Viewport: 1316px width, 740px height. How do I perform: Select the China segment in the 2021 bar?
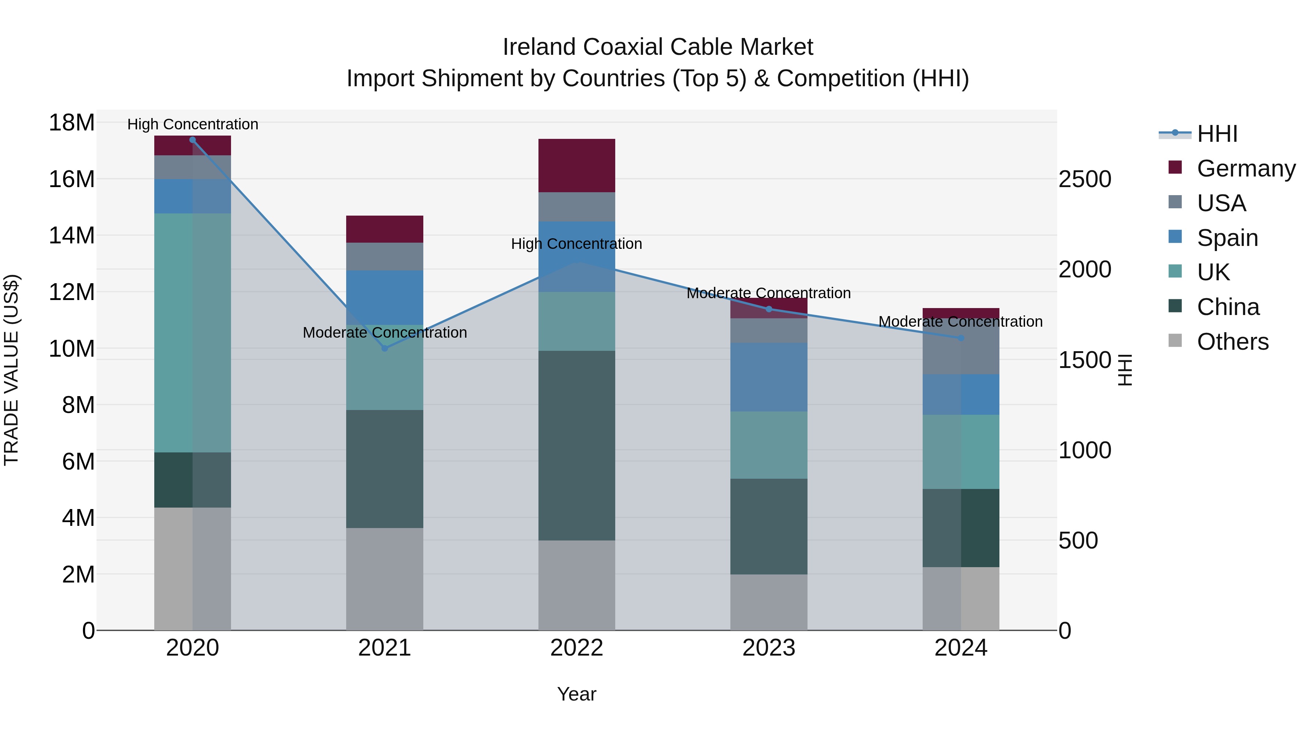coord(385,469)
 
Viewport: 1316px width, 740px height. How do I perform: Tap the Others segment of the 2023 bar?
coord(768,602)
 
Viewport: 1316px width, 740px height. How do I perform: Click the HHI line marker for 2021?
coord(385,348)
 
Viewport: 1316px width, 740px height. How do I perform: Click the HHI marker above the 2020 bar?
coord(193,140)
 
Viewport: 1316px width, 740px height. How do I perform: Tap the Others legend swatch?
coord(1175,341)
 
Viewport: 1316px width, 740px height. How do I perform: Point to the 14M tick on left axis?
coord(72,235)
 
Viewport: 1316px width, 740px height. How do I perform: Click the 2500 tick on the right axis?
coord(1085,179)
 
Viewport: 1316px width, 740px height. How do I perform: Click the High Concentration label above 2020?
coord(193,124)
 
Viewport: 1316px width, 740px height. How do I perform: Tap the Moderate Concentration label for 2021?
coord(385,333)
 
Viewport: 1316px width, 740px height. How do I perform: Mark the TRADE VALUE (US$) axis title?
coord(11,370)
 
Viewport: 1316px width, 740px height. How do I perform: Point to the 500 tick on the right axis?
coord(1078,540)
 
